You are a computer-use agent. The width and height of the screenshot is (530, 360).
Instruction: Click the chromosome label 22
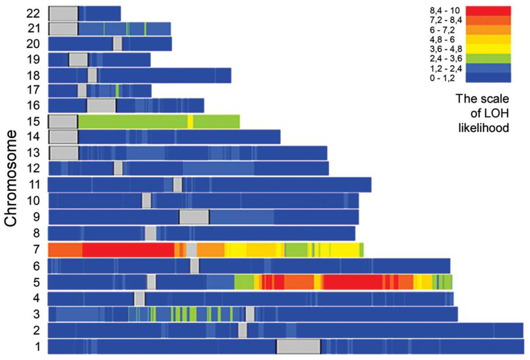pos(33,13)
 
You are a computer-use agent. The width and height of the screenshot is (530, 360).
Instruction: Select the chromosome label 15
pos(33,122)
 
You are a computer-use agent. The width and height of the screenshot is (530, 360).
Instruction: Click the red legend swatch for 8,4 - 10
pos(488,11)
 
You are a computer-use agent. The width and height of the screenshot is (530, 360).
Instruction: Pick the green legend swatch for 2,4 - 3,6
pos(488,58)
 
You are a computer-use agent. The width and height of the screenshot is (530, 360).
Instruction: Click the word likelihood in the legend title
pos(483,127)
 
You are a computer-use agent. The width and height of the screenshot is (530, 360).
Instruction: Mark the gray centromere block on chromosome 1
pos(298,346)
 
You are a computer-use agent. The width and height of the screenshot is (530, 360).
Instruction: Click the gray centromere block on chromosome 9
pos(194,217)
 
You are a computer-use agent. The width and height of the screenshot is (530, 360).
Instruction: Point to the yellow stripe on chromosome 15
pos(190,122)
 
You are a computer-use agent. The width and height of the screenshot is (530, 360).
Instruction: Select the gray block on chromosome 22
pos(64,13)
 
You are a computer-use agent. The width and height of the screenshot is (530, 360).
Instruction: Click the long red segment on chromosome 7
pos(128,250)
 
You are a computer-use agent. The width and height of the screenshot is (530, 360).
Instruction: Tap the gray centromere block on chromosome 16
pos(101,106)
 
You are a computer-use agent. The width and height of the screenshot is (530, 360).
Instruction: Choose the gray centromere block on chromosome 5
pos(151,282)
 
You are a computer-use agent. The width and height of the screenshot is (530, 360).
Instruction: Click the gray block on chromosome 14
pos(64,137)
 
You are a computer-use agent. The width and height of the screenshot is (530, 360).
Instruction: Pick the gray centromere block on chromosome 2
pos(242,330)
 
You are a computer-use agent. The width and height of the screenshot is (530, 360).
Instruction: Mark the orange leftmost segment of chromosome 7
pos(65,250)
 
